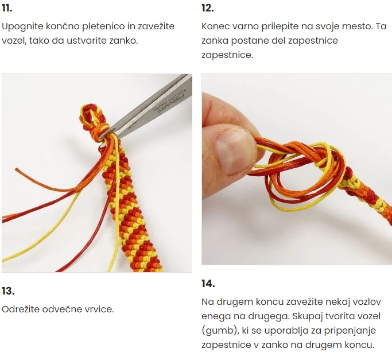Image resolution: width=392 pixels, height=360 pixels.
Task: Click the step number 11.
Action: coord(7,8)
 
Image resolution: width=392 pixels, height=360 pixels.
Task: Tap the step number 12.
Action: coord(208,8)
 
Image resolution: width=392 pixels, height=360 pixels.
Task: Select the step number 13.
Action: coord(8,291)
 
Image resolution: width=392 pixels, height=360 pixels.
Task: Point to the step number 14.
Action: coord(208,284)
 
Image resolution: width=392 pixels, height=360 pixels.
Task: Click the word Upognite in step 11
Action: coord(23,26)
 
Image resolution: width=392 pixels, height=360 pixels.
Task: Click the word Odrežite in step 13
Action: coord(20,309)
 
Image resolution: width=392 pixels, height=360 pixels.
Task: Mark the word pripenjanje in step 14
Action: coord(350,331)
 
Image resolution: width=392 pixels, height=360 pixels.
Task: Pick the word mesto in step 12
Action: coord(357,26)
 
